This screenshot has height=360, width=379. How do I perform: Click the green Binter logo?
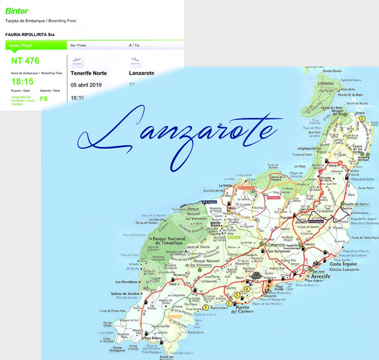pyautogui.click(x=17, y=11)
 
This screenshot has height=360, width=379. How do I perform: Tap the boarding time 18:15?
pyautogui.click(x=22, y=82)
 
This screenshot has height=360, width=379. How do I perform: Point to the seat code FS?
pyautogui.click(x=44, y=98)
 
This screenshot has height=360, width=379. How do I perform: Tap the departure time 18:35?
pyautogui.click(x=77, y=98)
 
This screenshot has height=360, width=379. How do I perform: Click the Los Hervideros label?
pyautogui.click(x=127, y=282)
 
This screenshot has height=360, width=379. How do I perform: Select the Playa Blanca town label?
pyautogui.click(x=152, y=338)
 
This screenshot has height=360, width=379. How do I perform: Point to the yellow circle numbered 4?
pyautogui.click(x=247, y=289)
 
